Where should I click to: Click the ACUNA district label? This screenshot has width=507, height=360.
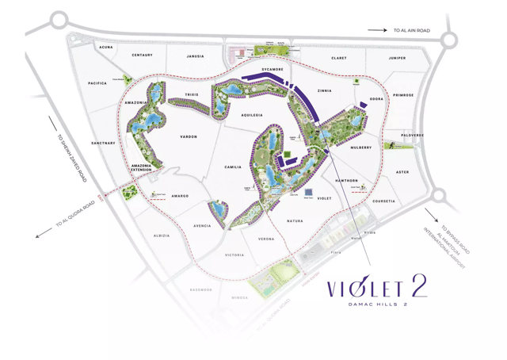(106, 47)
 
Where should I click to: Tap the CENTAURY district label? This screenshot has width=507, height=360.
(143, 55)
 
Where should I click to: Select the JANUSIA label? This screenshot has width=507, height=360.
(195, 56)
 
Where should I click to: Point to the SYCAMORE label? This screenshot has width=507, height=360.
(272, 70)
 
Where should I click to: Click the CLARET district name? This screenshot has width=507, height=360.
(338, 58)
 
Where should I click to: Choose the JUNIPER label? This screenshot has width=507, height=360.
(397, 58)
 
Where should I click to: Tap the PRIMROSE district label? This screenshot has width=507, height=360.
(403, 95)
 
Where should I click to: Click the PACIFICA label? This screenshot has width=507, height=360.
(97, 82)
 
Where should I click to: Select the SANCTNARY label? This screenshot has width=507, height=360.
(103, 144)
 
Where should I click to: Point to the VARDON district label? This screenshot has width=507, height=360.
(189, 137)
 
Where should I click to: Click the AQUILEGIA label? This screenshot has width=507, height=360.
(251, 115)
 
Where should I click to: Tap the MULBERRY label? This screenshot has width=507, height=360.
(360, 147)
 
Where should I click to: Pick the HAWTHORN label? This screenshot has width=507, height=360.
(346, 181)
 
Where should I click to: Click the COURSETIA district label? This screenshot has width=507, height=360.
(383, 201)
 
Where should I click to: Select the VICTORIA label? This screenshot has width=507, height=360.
(234, 255)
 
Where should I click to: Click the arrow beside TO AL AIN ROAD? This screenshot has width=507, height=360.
(376, 30)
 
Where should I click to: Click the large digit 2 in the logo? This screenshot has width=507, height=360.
(417, 287)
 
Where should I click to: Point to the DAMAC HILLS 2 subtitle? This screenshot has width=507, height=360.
(377, 304)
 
